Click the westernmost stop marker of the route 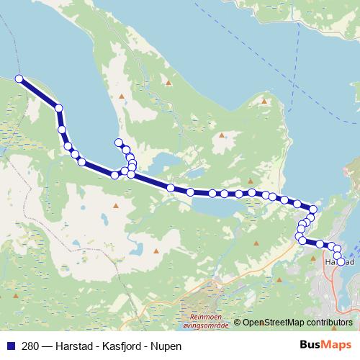(19, 79)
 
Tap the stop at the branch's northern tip (118, 143)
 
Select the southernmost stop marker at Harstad (341, 261)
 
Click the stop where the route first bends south (59, 109)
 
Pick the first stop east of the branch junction (171, 187)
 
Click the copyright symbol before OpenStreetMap (237, 322)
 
